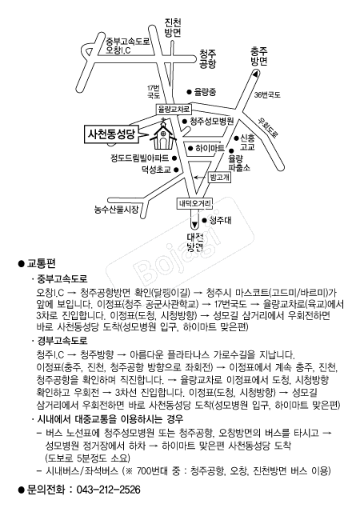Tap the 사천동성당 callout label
(x=111, y=134)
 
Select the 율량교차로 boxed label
(x=173, y=109)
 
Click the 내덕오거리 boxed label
(x=194, y=204)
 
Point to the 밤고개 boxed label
(x=220, y=177)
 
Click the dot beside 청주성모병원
(x=184, y=122)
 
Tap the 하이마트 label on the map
(x=210, y=148)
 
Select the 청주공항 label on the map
(x=208, y=58)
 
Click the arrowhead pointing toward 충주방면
(x=256, y=74)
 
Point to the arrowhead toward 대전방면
(x=194, y=224)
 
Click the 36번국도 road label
(x=267, y=95)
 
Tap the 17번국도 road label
(x=154, y=92)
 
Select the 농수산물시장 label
(x=116, y=210)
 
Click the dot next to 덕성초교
(x=176, y=170)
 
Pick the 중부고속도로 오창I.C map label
(x=127, y=46)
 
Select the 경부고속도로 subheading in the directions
(x=62, y=341)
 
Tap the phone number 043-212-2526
(x=108, y=490)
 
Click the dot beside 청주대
(x=205, y=220)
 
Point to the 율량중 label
(x=205, y=92)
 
